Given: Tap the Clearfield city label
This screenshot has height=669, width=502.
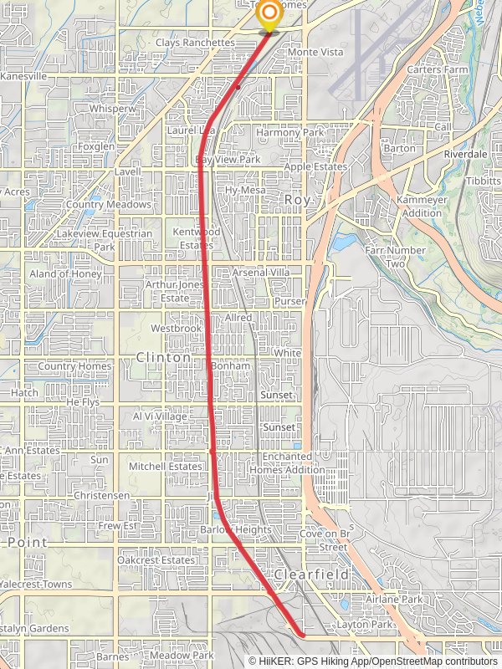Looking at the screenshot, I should [310, 575].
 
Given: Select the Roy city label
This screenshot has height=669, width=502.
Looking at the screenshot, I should [298, 200].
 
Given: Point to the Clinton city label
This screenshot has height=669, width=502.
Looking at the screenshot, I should [163, 357].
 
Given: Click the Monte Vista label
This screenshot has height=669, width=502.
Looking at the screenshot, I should [315, 52].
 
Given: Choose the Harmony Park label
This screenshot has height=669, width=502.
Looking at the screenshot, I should [289, 132].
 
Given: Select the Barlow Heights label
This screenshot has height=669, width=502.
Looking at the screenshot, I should [236, 530].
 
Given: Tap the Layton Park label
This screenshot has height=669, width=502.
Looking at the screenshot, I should [365, 625].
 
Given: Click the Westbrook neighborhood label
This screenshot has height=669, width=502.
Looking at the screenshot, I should [177, 329].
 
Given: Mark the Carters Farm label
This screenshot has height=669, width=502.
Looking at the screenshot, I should [436, 69].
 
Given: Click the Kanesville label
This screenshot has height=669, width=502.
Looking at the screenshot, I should [24, 76].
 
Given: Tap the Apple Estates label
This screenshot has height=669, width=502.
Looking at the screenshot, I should [315, 167].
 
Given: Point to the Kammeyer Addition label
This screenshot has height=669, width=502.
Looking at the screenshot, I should [421, 207].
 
